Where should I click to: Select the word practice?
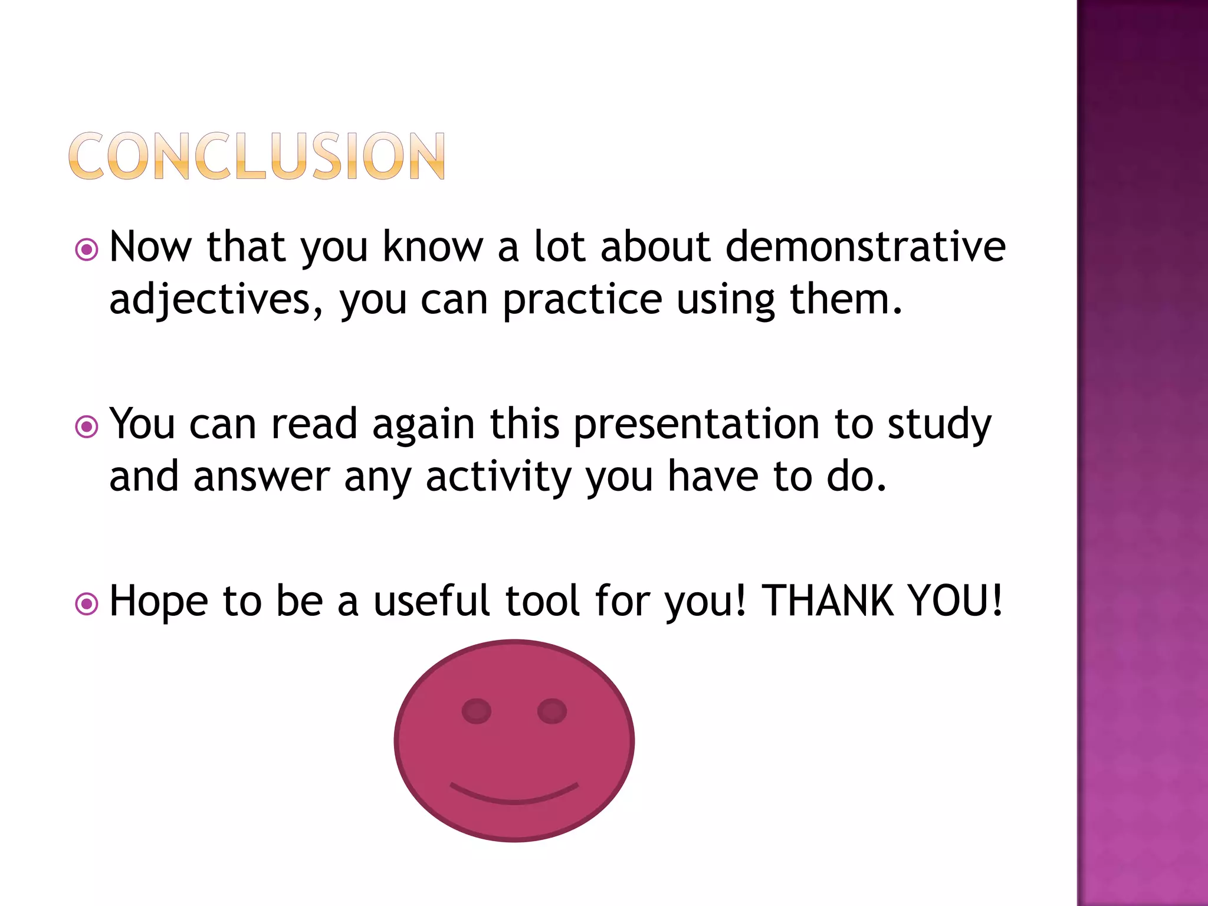pyautogui.click(x=582, y=300)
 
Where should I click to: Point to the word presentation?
pyautogui.click(x=696, y=425)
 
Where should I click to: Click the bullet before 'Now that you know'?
pyautogui.click(x=87, y=250)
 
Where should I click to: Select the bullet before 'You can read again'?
pyautogui.click(x=87, y=426)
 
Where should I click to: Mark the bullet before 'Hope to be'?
pyautogui.click(x=87, y=603)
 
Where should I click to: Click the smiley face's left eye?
pyautogui.click(x=476, y=711)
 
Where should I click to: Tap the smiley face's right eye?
pyautogui.click(x=552, y=711)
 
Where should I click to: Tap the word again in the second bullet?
pyautogui.click(x=424, y=425)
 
